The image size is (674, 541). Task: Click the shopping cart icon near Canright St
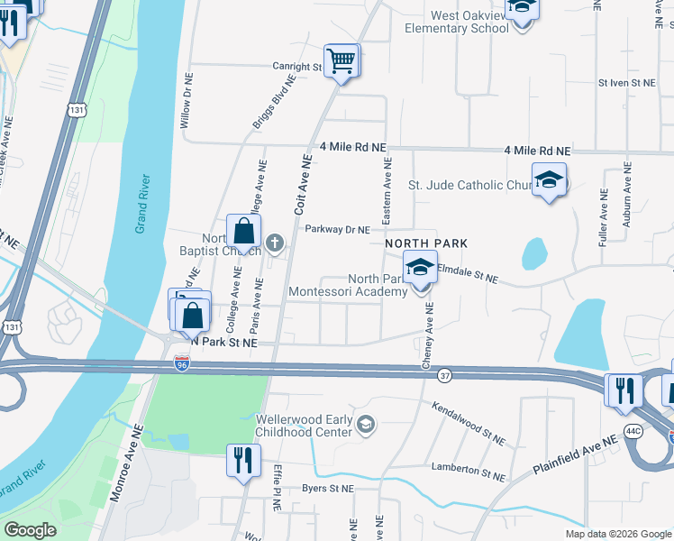coord(342,62)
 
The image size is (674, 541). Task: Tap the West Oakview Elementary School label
coord(457,22)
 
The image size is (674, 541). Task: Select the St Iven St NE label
coord(627,82)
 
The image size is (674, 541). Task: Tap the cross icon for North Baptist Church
coord(276,242)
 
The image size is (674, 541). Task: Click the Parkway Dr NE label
coord(337,230)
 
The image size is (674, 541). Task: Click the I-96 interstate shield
coord(181,363)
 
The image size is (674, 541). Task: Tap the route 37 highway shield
coord(444,373)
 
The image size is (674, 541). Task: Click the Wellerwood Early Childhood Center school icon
coord(365,425)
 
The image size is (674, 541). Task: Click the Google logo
coord(30,530)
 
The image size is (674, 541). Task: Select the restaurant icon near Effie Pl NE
coord(241,461)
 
